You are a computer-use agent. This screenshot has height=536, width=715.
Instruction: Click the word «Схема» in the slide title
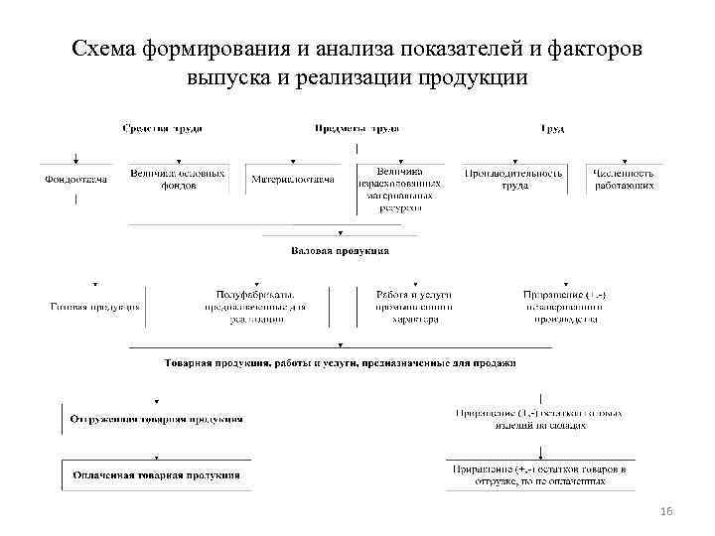(105, 49)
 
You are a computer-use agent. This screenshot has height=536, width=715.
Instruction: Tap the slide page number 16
(666, 510)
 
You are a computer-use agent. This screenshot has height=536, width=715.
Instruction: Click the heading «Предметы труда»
(357, 129)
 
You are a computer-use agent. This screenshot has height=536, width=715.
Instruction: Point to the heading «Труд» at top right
(552, 129)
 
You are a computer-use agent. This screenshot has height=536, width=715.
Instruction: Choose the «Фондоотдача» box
(76, 180)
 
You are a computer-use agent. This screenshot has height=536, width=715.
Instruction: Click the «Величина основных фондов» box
(178, 179)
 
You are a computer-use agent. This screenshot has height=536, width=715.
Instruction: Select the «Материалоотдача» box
(292, 180)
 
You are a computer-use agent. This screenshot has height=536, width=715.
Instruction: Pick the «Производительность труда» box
(513, 179)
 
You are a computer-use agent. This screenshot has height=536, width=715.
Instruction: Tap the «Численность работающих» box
(623, 179)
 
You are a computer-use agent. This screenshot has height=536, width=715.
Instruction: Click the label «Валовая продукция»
(340, 251)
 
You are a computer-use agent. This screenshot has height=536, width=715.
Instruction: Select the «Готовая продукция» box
(95, 307)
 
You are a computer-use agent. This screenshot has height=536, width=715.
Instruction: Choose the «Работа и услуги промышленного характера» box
(414, 307)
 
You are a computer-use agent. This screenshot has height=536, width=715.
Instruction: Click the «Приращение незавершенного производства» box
(565, 307)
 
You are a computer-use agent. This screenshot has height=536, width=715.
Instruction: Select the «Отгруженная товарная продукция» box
(156, 419)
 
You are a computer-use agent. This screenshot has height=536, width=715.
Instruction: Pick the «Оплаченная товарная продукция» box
(156, 474)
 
